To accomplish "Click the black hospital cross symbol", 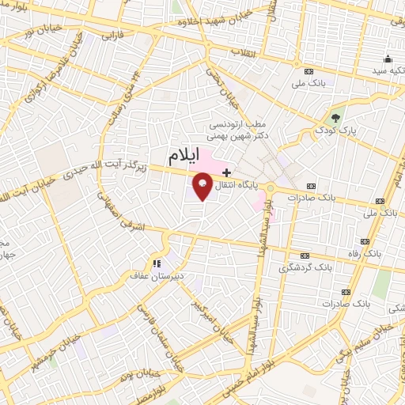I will [x=227, y=172].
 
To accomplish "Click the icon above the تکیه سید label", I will [x=388, y=59].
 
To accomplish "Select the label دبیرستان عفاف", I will [x=157, y=276].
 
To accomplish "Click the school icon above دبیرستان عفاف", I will [x=157, y=264].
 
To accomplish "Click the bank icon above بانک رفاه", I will [x=365, y=241].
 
